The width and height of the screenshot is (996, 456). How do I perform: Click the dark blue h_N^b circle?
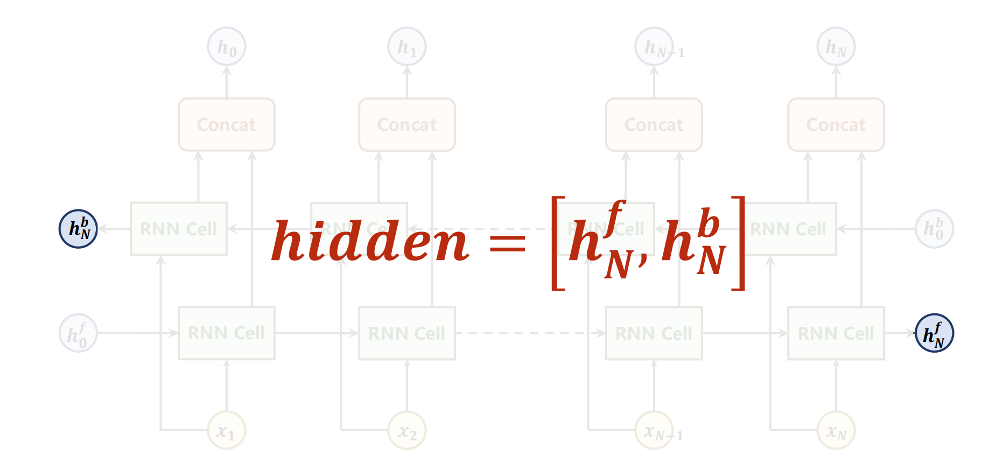(x=78, y=229)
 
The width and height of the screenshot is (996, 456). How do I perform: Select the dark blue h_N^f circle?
(x=934, y=333)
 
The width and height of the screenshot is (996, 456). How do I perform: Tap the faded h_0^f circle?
(x=78, y=333)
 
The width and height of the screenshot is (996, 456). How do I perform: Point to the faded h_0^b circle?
(x=934, y=229)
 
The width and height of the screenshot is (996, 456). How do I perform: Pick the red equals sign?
(x=507, y=243)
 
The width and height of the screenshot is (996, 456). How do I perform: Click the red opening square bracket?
(x=558, y=243)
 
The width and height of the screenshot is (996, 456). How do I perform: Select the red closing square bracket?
(x=739, y=243)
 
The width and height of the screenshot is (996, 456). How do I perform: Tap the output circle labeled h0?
(x=227, y=47)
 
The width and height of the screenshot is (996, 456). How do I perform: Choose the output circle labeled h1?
(x=407, y=47)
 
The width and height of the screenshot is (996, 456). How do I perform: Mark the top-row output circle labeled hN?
(x=836, y=47)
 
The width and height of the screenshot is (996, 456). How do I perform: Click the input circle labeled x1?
(x=227, y=431)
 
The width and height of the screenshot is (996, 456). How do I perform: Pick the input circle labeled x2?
(x=407, y=431)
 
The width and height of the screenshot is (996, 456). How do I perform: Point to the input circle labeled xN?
(x=836, y=431)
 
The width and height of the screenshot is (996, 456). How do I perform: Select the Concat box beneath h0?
(x=227, y=124)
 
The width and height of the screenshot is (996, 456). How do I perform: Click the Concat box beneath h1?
(x=407, y=124)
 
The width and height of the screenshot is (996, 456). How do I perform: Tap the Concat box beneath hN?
(x=836, y=124)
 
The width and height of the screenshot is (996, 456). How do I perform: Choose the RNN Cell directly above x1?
(x=227, y=333)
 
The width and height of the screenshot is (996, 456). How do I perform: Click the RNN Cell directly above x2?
(x=407, y=333)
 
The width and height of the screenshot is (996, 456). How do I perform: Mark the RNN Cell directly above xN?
(x=836, y=333)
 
